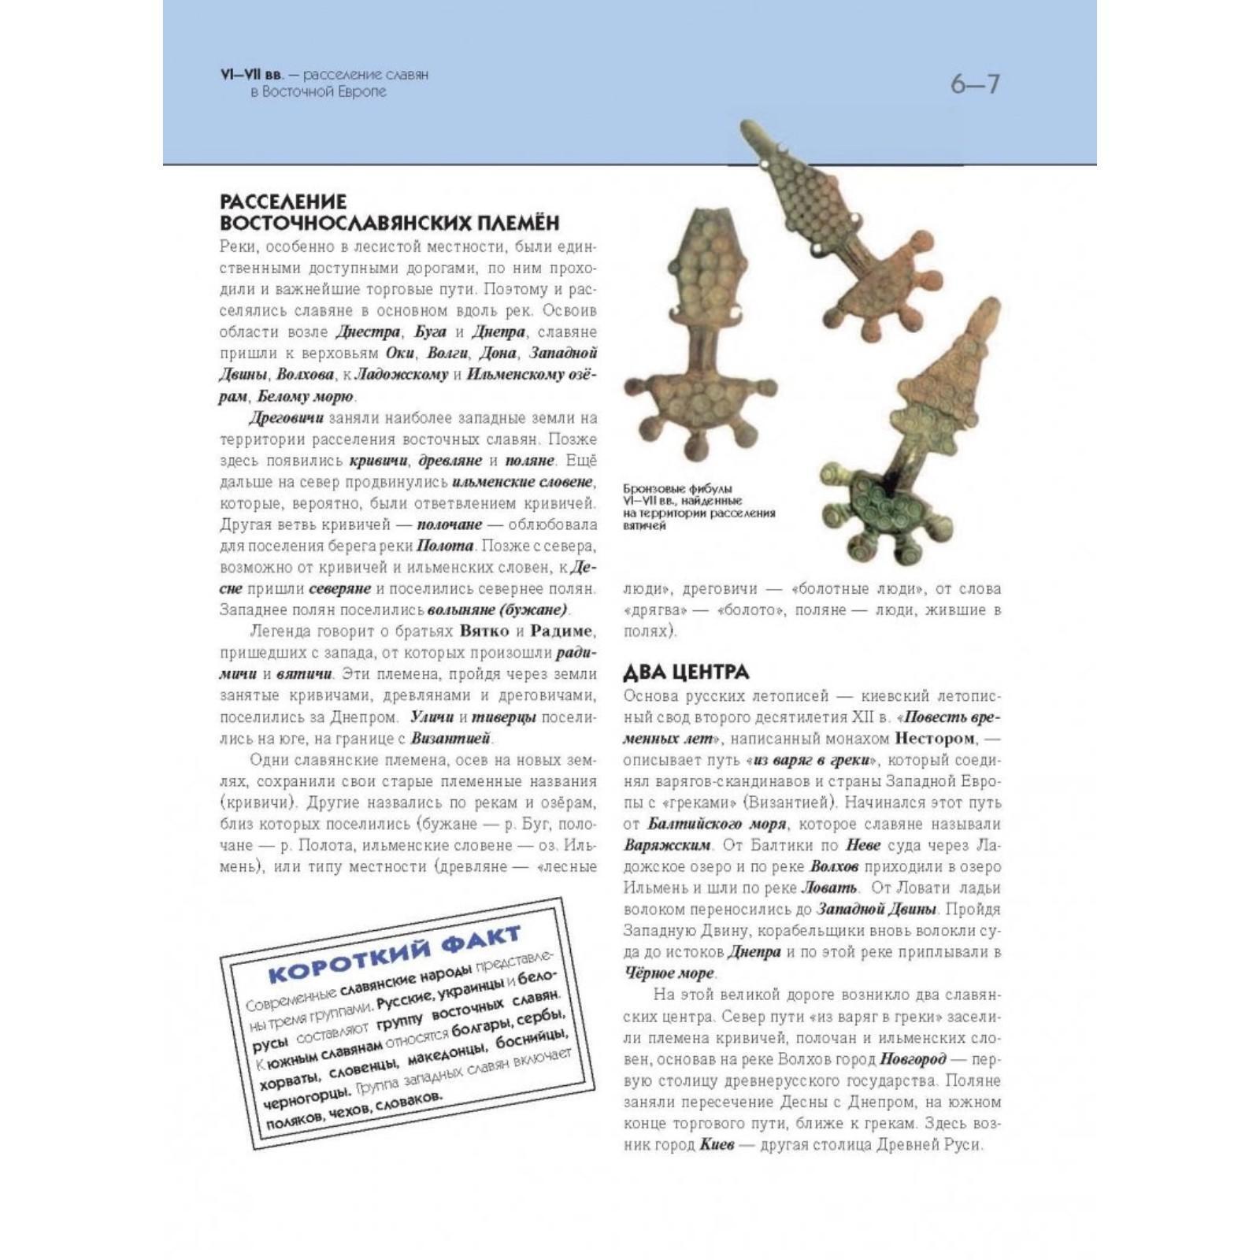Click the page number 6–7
pyautogui.click(x=974, y=83)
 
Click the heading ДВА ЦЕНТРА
pyautogui.click(x=686, y=672)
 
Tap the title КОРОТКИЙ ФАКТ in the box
pyautogui.click(x=394, y=954)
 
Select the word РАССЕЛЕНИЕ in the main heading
pyautogui.click(x=283, y=202)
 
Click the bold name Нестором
pyautogui.click(x=934, y=739)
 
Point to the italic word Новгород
pyautogui.click(x=913, y=1058)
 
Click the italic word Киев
pyautogui.click(x=717, y=1144)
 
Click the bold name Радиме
pyautogui.click(x=562, y=632)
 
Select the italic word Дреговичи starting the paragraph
pyautogui.click(x=286, y=417)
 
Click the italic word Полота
pyautogui.click(x=445, y=546)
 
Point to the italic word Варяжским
pyautogui.click(x=667, y=845)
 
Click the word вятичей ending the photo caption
pyautogui.click(x=643, y=525)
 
